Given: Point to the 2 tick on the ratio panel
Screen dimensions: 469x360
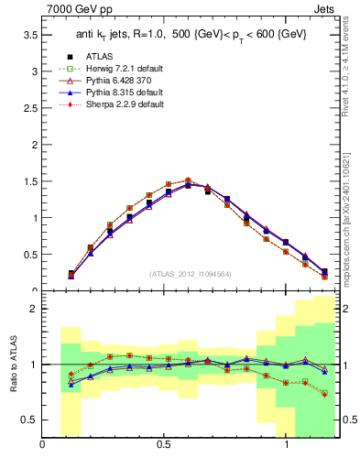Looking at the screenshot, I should pos(33,309).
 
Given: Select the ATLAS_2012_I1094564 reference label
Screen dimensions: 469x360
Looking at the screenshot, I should pos(191,273).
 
